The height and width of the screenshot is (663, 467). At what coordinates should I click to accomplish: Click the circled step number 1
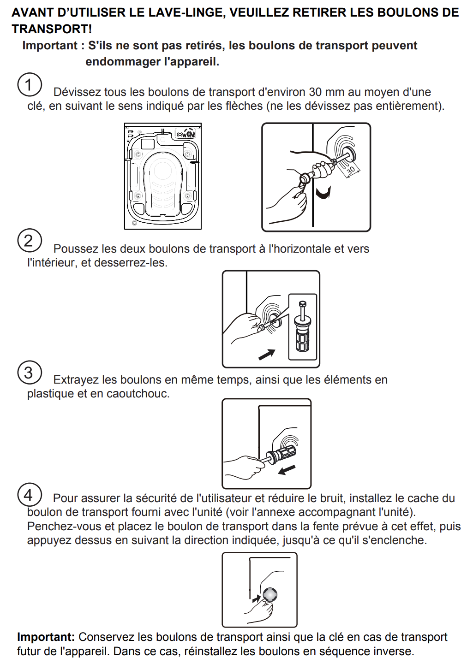(30, 85)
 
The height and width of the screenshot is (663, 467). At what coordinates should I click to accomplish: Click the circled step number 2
(30, 241)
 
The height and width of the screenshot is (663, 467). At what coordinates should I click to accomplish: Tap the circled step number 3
(30, 372)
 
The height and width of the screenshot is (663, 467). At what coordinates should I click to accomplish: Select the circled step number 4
(30, 495)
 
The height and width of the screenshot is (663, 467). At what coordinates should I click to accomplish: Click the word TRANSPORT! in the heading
(52, 29)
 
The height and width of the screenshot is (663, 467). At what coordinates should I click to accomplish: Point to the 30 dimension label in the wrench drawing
(351, 170)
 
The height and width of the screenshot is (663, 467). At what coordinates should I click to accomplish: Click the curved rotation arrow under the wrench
(323, 192)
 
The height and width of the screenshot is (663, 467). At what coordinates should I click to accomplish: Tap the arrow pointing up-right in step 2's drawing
(267, 354)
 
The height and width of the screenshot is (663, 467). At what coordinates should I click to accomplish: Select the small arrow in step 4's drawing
(256, 599)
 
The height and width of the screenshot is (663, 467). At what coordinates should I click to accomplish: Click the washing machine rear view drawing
(163, 176)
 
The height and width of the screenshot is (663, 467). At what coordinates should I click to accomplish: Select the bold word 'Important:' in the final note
(46, 637)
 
